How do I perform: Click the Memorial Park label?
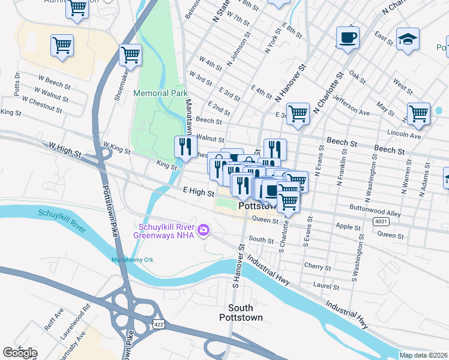pos(160,93)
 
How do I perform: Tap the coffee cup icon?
pos(348,38)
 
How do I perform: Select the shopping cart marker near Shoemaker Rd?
pos(130,55)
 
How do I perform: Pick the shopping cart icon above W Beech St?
pos(62,44)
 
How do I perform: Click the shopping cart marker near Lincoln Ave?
pos(418,113)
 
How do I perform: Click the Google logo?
pos(20,353)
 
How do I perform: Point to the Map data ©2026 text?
pos(423,355)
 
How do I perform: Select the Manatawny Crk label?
pos(133,259)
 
